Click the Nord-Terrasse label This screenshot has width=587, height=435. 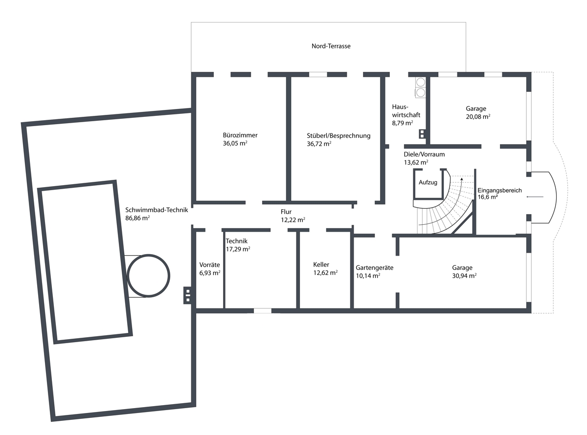point(331,46)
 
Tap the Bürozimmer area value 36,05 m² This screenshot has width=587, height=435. point(235,143)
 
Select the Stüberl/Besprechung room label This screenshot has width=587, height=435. point(339,136)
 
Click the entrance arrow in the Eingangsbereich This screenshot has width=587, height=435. point(535,197)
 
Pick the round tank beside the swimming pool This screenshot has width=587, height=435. point(149,276)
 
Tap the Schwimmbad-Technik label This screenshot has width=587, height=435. point(157,210)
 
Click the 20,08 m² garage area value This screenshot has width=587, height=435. point(478,117)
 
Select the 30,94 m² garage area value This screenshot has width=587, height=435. point(464,276)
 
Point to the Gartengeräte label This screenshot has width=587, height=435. point(375,268)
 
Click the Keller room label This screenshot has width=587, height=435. point(321,264)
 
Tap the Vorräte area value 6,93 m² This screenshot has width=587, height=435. point(209,273)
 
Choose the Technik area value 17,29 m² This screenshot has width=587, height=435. point(238,249)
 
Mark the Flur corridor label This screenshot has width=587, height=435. point(286,212)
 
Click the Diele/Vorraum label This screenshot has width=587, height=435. point(424,154)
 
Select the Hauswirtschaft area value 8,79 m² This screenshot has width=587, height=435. point(403,123)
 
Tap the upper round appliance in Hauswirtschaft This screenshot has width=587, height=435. point(421,82)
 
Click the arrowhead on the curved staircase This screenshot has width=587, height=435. point(462,179)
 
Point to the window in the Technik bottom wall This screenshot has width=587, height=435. point(263,311)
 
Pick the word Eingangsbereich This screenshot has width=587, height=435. point(499,191)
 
